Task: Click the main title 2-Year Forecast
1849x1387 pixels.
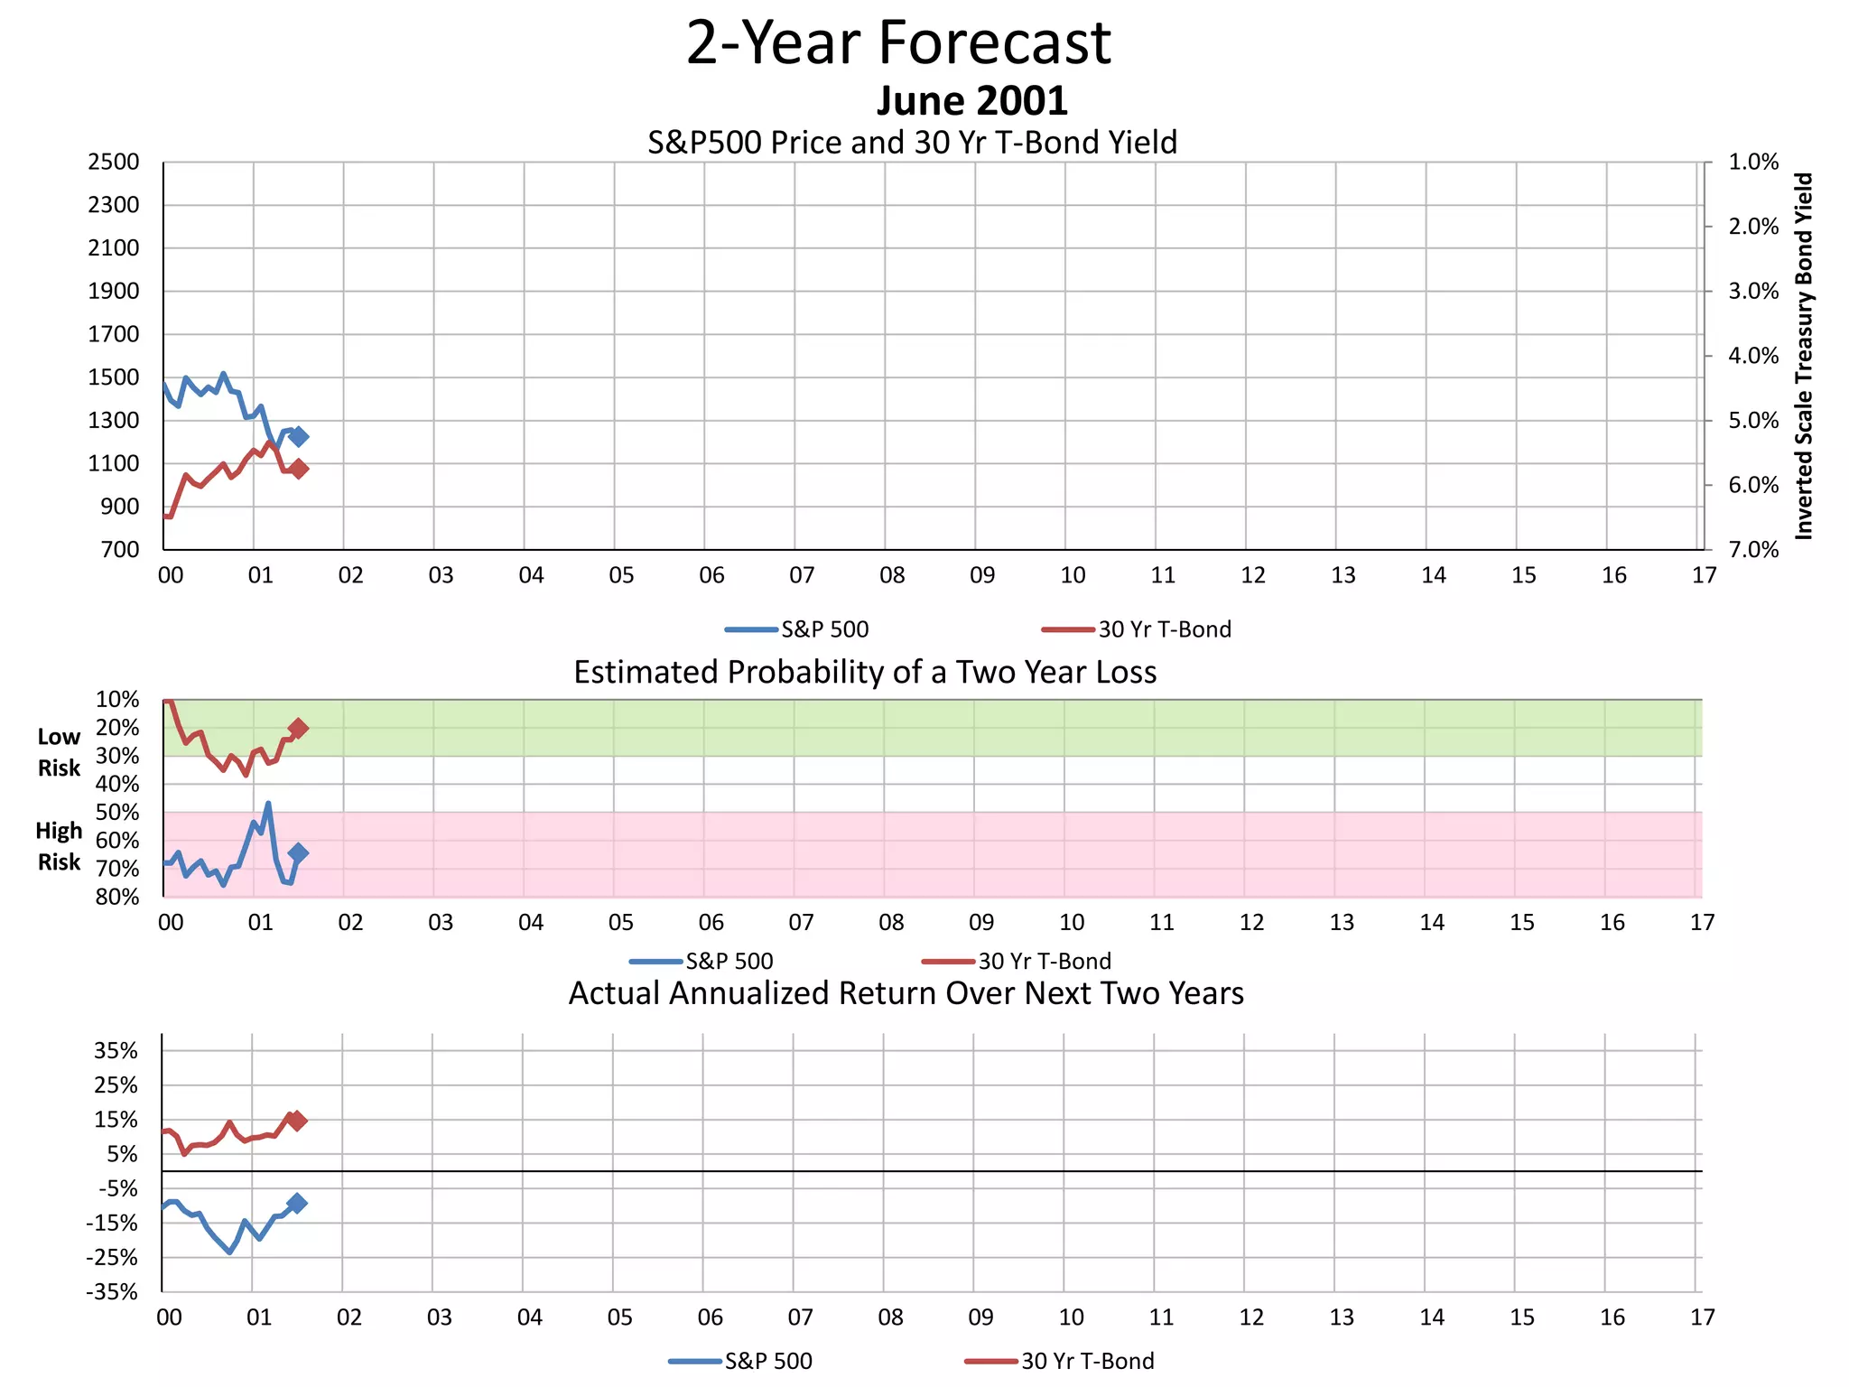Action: click(x=898, y=43)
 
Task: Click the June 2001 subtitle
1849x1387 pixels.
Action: click(x=971, y=100)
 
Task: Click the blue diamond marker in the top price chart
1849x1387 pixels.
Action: click(x=299, y=436)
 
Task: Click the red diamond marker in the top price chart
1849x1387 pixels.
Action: click(x=299, y=469)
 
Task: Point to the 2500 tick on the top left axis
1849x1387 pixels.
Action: click(x=114, y=163)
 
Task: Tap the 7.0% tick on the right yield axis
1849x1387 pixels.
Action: click(x=1753, y=550)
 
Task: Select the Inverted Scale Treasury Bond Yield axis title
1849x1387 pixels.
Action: click(x=1804, y=356)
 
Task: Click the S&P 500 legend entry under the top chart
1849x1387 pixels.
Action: click(x=823, y=629)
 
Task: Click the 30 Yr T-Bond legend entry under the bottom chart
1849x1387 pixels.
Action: click(x=1086, y=1361)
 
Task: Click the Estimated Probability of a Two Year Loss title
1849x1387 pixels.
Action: click(x=865, y=673)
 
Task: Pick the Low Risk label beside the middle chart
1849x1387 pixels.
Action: click(x=59, y=752)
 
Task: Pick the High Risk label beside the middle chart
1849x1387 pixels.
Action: click(x=59, y=846)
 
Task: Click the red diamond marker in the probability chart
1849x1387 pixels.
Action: click(x=298, y=728)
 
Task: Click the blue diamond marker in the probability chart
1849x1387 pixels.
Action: click(x=298, y=852)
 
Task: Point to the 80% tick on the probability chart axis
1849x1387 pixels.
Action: click(x=117, y=897)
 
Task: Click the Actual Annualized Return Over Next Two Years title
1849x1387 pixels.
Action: click(x=906, y=993)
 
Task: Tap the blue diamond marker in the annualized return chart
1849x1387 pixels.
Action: click(x=297, y=1203)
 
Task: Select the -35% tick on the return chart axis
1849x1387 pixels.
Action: click(x=112, y=1292)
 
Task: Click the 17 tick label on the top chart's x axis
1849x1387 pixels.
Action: click(x=1704, y=575)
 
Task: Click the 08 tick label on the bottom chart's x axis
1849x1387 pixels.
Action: click(x=890, y=1317)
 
